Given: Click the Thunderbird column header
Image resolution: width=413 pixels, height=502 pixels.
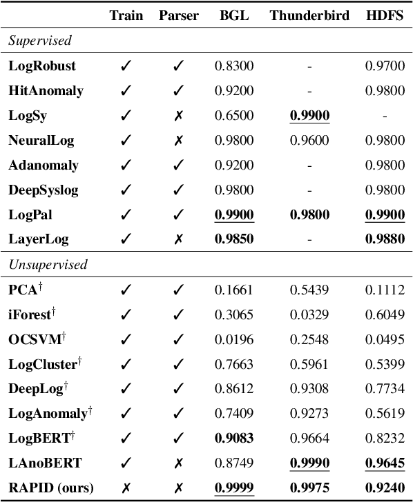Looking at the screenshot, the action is [309, 16].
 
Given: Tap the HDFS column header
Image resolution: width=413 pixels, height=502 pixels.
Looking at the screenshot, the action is [385, 16].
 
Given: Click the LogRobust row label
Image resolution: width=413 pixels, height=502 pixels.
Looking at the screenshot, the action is [42, 66].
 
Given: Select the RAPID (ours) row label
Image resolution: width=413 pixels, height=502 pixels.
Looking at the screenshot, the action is [50, 488].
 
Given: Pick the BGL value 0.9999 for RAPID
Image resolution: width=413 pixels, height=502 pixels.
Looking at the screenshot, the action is [234, 488].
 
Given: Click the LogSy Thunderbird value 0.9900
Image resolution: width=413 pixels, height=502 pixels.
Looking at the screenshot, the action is [309, 116].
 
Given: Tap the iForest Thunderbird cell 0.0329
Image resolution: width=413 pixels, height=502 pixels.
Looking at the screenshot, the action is [309, 314].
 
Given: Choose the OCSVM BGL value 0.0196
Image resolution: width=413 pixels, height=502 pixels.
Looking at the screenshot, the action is [234, 339].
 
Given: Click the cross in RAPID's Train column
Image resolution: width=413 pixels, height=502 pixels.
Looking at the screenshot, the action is [126, 488].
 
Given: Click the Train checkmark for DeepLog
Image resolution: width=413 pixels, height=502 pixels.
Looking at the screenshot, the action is [126, 388].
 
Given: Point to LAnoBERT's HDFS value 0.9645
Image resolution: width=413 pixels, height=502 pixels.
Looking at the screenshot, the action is [385, 463].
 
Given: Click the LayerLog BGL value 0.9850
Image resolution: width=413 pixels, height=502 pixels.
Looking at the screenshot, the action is [234, 240].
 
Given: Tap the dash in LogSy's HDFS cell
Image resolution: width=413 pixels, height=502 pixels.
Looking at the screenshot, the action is [385, 116].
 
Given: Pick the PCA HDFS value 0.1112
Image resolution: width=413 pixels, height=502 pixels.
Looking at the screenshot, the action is [385, 290].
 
